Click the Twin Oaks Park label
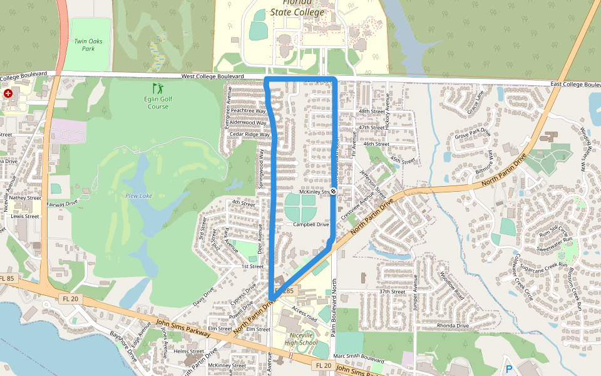pos(88,44)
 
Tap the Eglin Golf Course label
pos(158,102)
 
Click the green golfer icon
pos(157,88)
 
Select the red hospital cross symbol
pos(8,93)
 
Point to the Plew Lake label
pos(138,196)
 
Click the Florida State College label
pos(297,8)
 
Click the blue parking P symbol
pos(508,369)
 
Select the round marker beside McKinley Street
pos(334,191)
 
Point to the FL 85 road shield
pos(8,278)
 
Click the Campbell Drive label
pos(311,224)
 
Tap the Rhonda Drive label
pos(454,326)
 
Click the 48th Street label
pos(371,111)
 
